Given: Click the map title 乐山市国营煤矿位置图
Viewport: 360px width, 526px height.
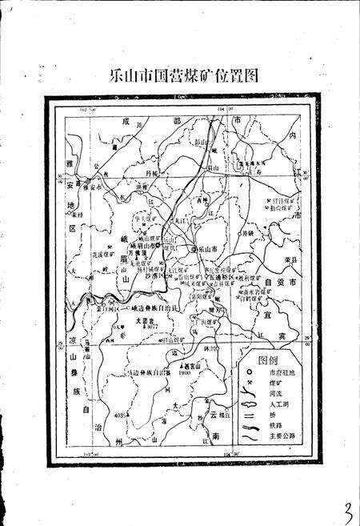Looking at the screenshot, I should pos(185,76).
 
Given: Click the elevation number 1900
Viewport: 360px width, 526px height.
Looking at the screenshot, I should pos(186,373).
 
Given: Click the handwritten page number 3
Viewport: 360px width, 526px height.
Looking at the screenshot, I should pos(346,508).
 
